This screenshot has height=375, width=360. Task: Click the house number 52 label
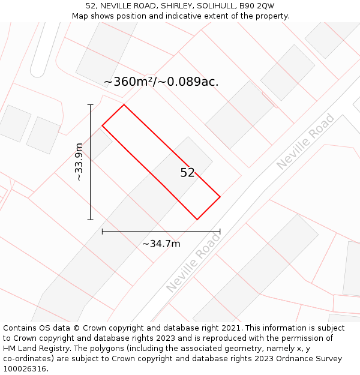[187, 173]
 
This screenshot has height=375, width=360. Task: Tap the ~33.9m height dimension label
[79, 162]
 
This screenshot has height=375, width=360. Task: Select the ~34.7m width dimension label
[161, 244]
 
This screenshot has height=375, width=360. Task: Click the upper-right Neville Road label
[306, 141]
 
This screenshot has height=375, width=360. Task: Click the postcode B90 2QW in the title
[257, 6]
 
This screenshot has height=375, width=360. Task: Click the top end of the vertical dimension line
[91, 105]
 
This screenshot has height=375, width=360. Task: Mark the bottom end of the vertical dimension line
[91, 220]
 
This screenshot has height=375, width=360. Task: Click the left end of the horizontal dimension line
[103, 231]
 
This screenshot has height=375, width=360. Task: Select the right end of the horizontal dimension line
[220, 231]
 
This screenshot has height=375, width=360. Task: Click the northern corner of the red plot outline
[124, 105]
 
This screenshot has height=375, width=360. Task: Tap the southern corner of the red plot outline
[197, 220]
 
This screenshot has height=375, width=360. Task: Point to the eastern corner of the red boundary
[220, 197]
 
